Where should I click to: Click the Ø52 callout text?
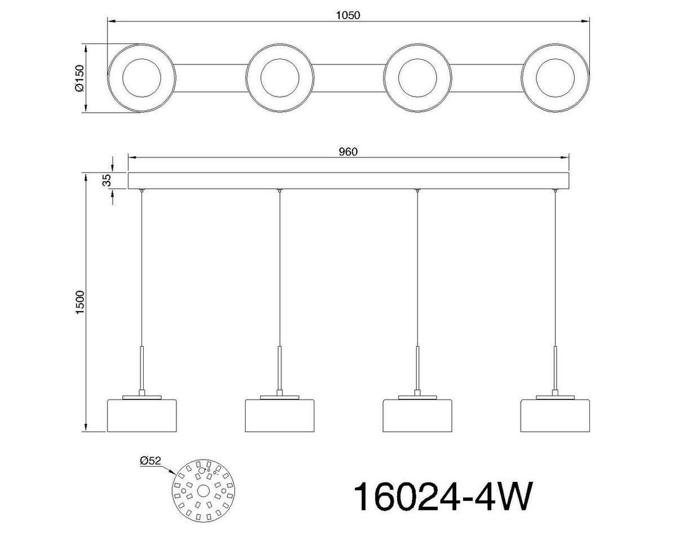click(150, 461)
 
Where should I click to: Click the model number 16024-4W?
click(442, 496)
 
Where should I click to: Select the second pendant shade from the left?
click(279, 416)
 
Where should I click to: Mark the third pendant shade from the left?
click(417, 416)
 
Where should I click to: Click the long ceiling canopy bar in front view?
click(349, 181)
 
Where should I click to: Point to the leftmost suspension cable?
click(141, 270)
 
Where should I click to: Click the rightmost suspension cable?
click(555, 270)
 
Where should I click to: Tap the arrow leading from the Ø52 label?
click(169, 471)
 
